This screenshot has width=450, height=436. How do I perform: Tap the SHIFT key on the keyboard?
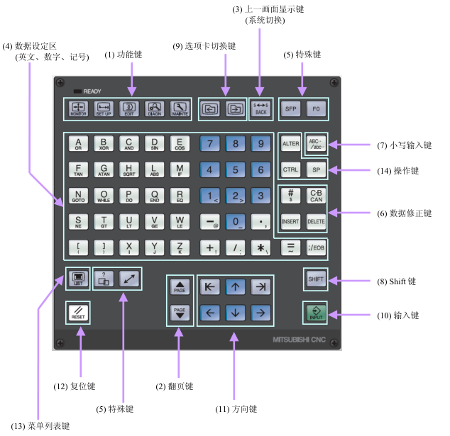point(316,279)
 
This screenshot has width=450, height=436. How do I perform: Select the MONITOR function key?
point(79,108)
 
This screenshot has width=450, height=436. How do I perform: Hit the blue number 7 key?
point(210,143)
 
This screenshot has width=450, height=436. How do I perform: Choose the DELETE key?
point(316,221)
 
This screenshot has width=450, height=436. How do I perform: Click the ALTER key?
point(291,143)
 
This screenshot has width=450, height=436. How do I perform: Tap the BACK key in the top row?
point(260,108)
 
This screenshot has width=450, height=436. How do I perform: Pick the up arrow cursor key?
point(235,286)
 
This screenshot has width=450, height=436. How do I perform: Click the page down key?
point(180,313)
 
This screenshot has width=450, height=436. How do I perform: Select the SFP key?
point(291,108)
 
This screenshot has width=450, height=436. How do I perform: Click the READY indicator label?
point(92,91)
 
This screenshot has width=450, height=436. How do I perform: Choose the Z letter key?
point(180,247)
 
